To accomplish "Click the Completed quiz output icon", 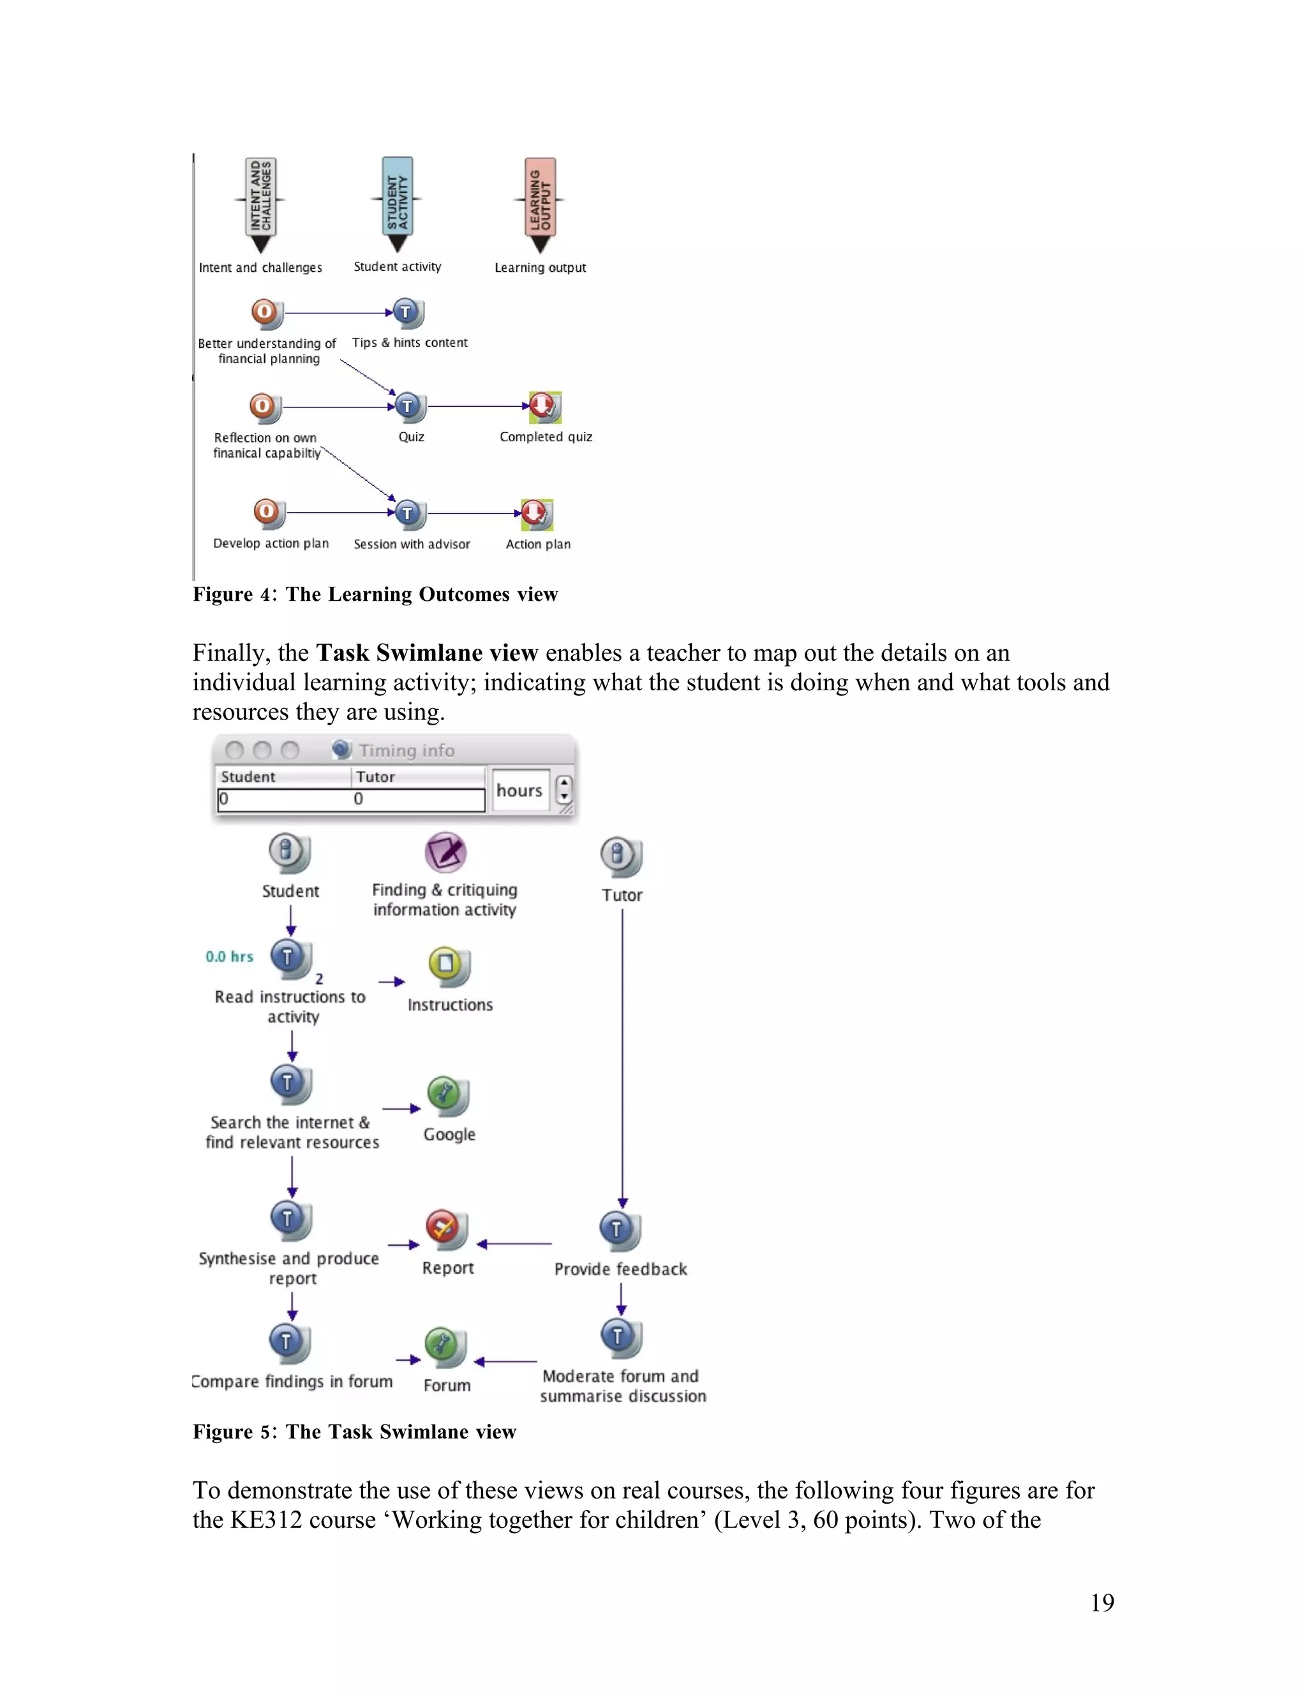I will pyautogui.click(x=544, y=407).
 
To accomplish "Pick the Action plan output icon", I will pyautogui.click(x=537, y=513).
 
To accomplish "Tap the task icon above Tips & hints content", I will pyautogui.click(x=407, y=312).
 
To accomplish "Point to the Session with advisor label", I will pyautogui.click(x=412, y=544).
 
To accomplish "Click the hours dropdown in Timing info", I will pyautogui.click(x=519, y=790).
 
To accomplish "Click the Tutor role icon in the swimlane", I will pyautogui.click(x=621, y=856).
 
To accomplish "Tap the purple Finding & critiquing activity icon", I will pyautogui.click(x=445, y=853).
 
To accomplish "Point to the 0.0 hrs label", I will pyautogui.click(x=229, y=957).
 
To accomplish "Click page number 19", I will pyautogui.click(x=1102, y=1602).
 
